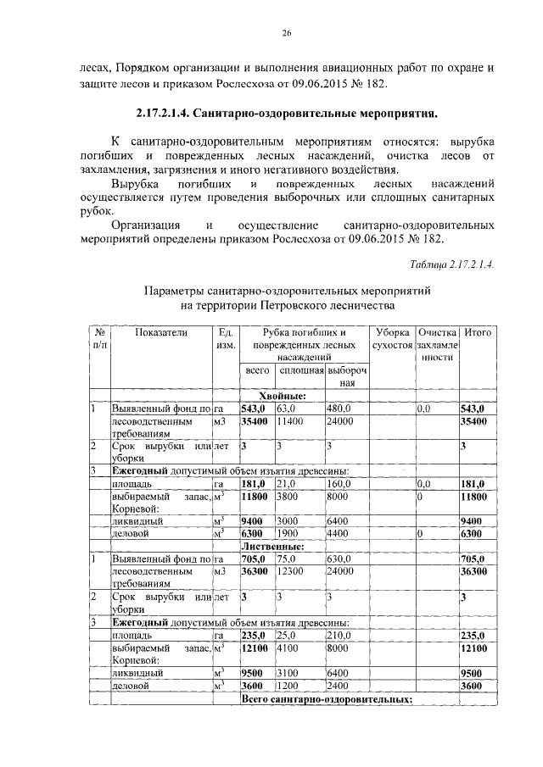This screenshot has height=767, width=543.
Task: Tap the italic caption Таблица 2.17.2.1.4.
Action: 451,264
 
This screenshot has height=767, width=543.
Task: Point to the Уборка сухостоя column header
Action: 393,340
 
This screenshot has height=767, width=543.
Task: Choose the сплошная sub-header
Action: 301,371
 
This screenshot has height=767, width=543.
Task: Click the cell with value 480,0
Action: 339,409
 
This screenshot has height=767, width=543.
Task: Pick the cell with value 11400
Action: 290,420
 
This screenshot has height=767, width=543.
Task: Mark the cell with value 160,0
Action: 339,484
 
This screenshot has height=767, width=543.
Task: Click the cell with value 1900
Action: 288,534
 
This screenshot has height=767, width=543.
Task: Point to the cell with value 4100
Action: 288,648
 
